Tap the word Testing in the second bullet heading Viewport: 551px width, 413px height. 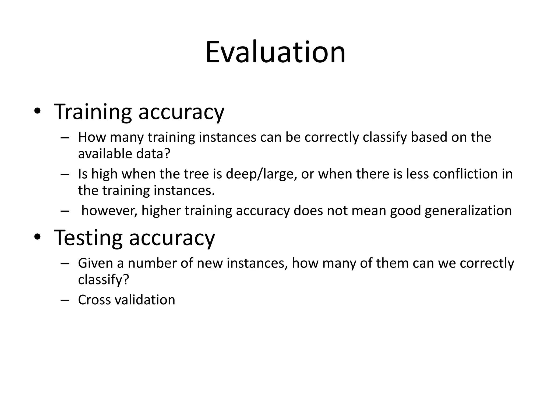point(88,238)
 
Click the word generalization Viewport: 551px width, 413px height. point(468,211)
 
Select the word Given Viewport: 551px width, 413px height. point(96,263)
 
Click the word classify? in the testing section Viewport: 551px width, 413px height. point(104,280)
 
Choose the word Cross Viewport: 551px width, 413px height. point(94,300)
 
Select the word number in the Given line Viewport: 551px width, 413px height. point(152,263)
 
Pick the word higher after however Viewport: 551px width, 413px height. point(161,211)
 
